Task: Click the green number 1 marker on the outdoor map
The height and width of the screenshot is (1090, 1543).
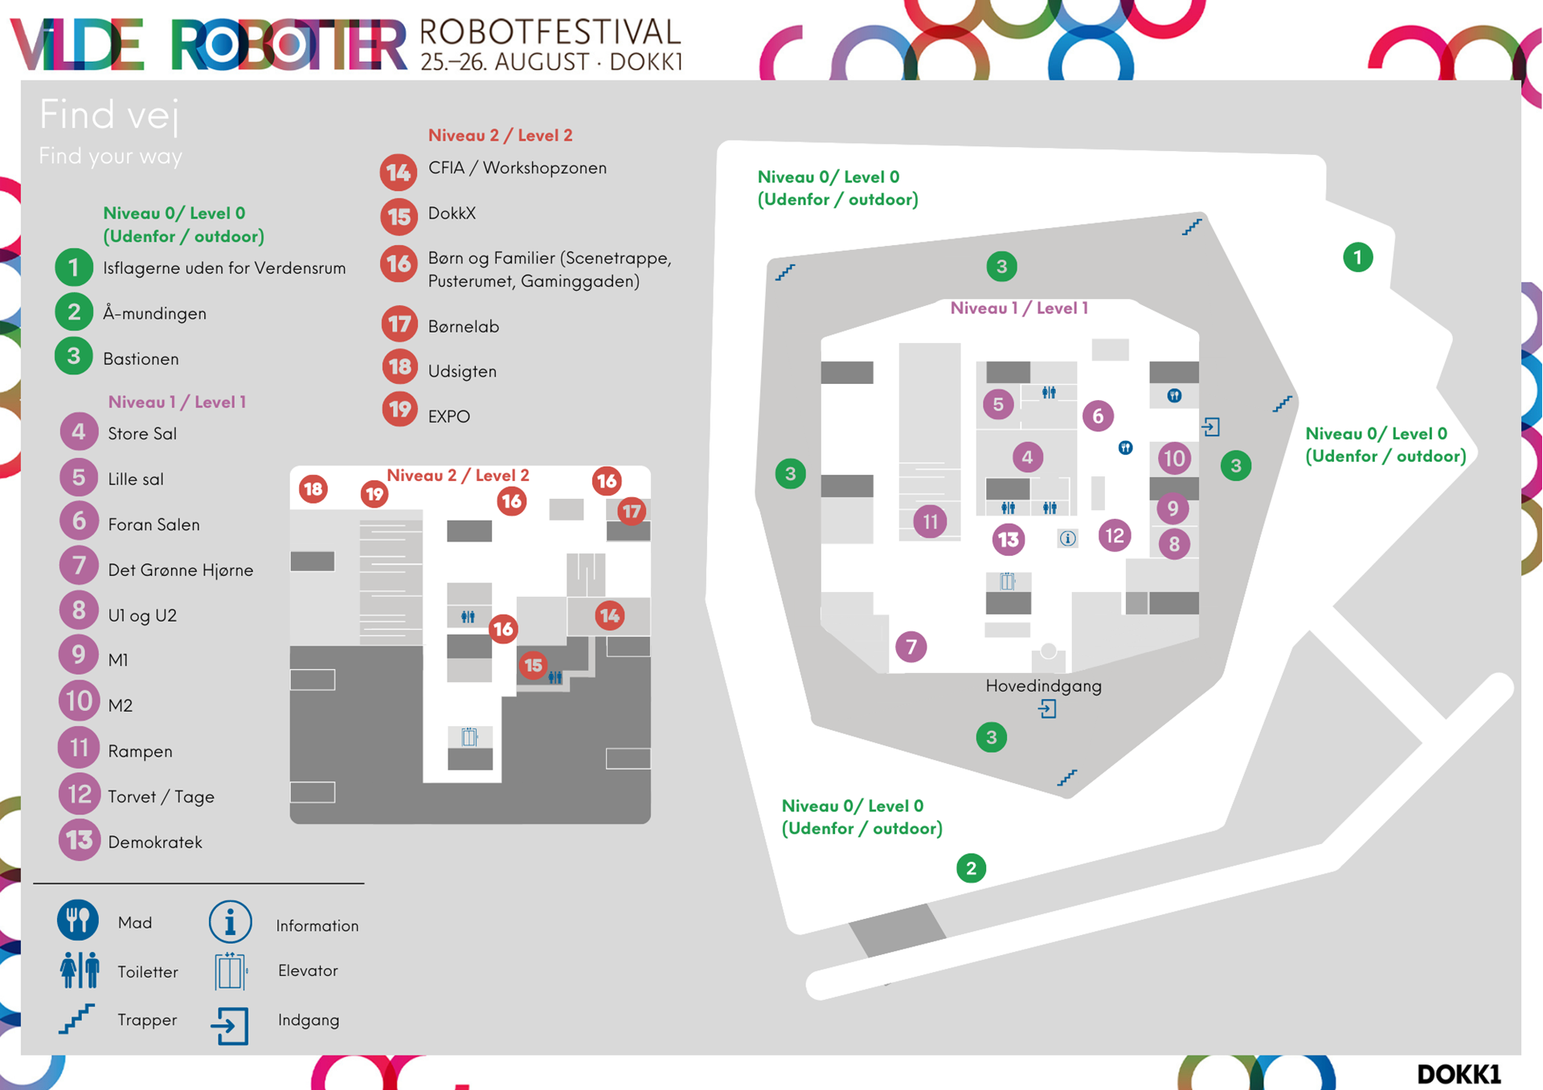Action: [1357, 257]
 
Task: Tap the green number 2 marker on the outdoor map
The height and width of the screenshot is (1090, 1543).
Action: [971, 868]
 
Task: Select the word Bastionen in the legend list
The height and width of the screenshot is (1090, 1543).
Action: [141, 359]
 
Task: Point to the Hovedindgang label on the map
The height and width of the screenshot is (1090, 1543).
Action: [1043, 685]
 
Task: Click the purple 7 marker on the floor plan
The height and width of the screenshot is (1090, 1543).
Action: [911, 647]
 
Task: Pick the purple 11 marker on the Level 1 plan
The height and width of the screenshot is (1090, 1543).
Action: [930, 521]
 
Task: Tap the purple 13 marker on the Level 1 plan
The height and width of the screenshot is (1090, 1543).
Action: [1008, 539]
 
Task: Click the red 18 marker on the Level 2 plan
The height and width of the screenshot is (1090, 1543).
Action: [313, 488]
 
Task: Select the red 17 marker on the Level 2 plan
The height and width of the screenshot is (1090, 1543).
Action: [632, 511]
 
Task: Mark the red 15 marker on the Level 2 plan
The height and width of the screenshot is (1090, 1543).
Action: [533, 665]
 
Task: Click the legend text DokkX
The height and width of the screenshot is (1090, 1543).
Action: [452, 214]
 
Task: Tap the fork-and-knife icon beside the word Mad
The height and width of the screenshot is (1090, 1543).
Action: [78, 921]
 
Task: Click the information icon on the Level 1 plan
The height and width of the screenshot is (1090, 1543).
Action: [1067, 538]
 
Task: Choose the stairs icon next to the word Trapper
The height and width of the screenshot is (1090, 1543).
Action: [77, 1019]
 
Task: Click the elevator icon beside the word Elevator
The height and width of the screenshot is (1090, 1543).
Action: [230, 970]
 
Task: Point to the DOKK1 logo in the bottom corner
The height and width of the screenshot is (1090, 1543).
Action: [1458, 1074]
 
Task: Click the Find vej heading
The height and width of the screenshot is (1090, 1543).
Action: [108, 114]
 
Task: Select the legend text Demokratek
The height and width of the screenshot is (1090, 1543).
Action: [155, 842]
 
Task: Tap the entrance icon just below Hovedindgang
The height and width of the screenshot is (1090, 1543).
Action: [1046, 708]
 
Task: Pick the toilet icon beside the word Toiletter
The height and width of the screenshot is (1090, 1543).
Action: [79, 970]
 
